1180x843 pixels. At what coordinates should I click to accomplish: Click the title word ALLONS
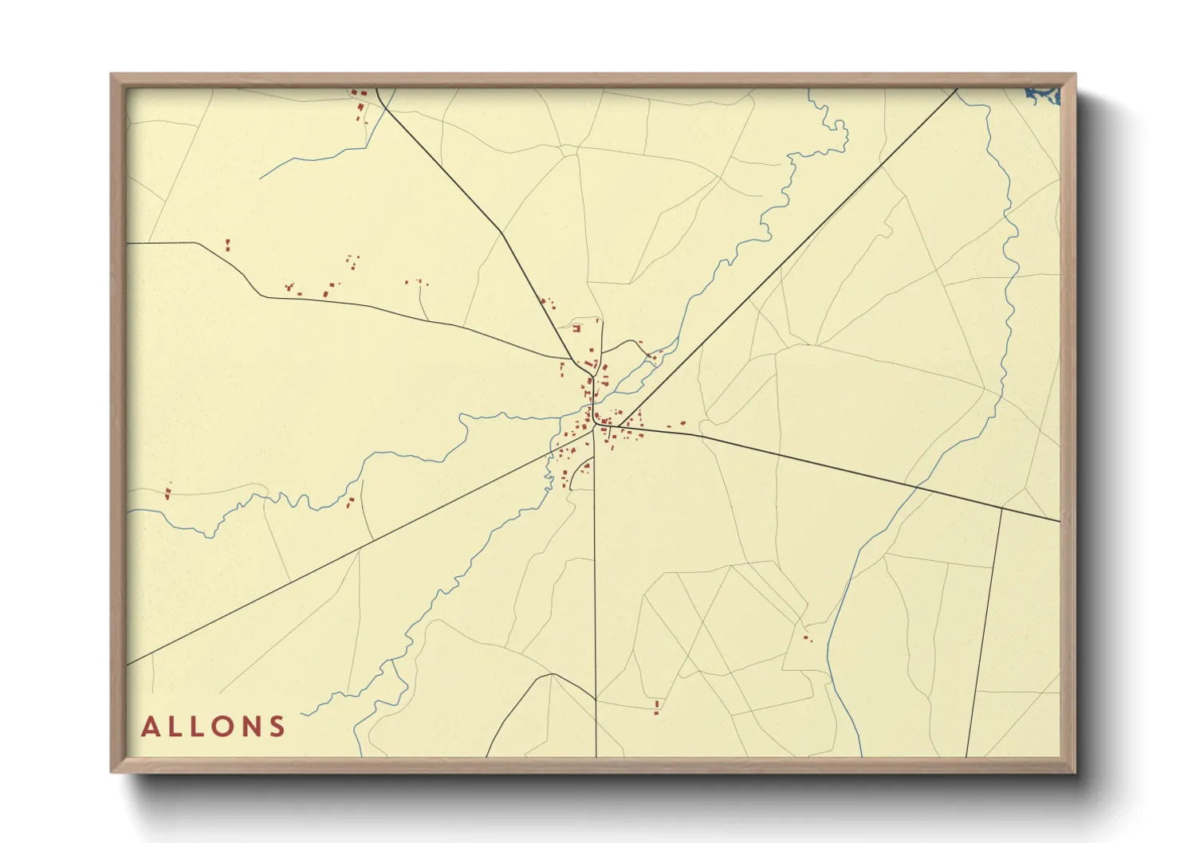pyautogui.click(x=213, y=727)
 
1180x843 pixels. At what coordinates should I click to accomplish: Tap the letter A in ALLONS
pyautogui.click(x=150, y=727)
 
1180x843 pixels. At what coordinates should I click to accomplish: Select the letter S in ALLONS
pyautogui.click(x=277, y=727)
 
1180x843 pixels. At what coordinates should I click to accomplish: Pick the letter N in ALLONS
pyautogui.click(x=251, y=727)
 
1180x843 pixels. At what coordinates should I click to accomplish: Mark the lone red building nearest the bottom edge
pyautogui.click(x=656, y=706)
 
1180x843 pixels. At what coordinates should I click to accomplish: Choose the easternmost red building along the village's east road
pyautogui.click(x=682, y=423)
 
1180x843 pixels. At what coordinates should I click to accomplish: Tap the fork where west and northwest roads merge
pyautogui.click(x=572, y=360)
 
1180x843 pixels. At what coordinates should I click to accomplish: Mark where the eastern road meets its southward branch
pyautogui.click(x=1001, y=507)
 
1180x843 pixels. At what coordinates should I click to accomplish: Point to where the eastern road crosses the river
pyautogui.click(x=917, y=484)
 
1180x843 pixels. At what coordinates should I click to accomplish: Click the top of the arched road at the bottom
pyautogui.click(x=552, y=674)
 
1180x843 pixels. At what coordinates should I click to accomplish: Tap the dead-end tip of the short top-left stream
pyautogui.click(x=260, y=178)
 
